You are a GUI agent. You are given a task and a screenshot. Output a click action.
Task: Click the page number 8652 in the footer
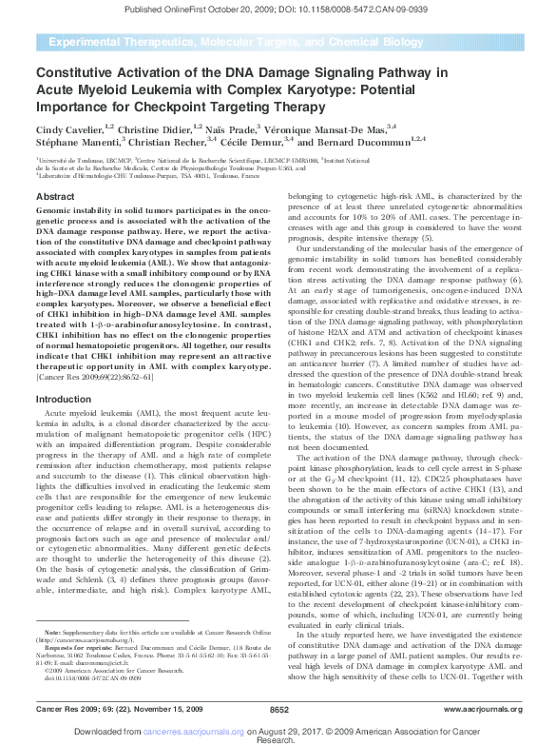(x=278, y=710)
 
